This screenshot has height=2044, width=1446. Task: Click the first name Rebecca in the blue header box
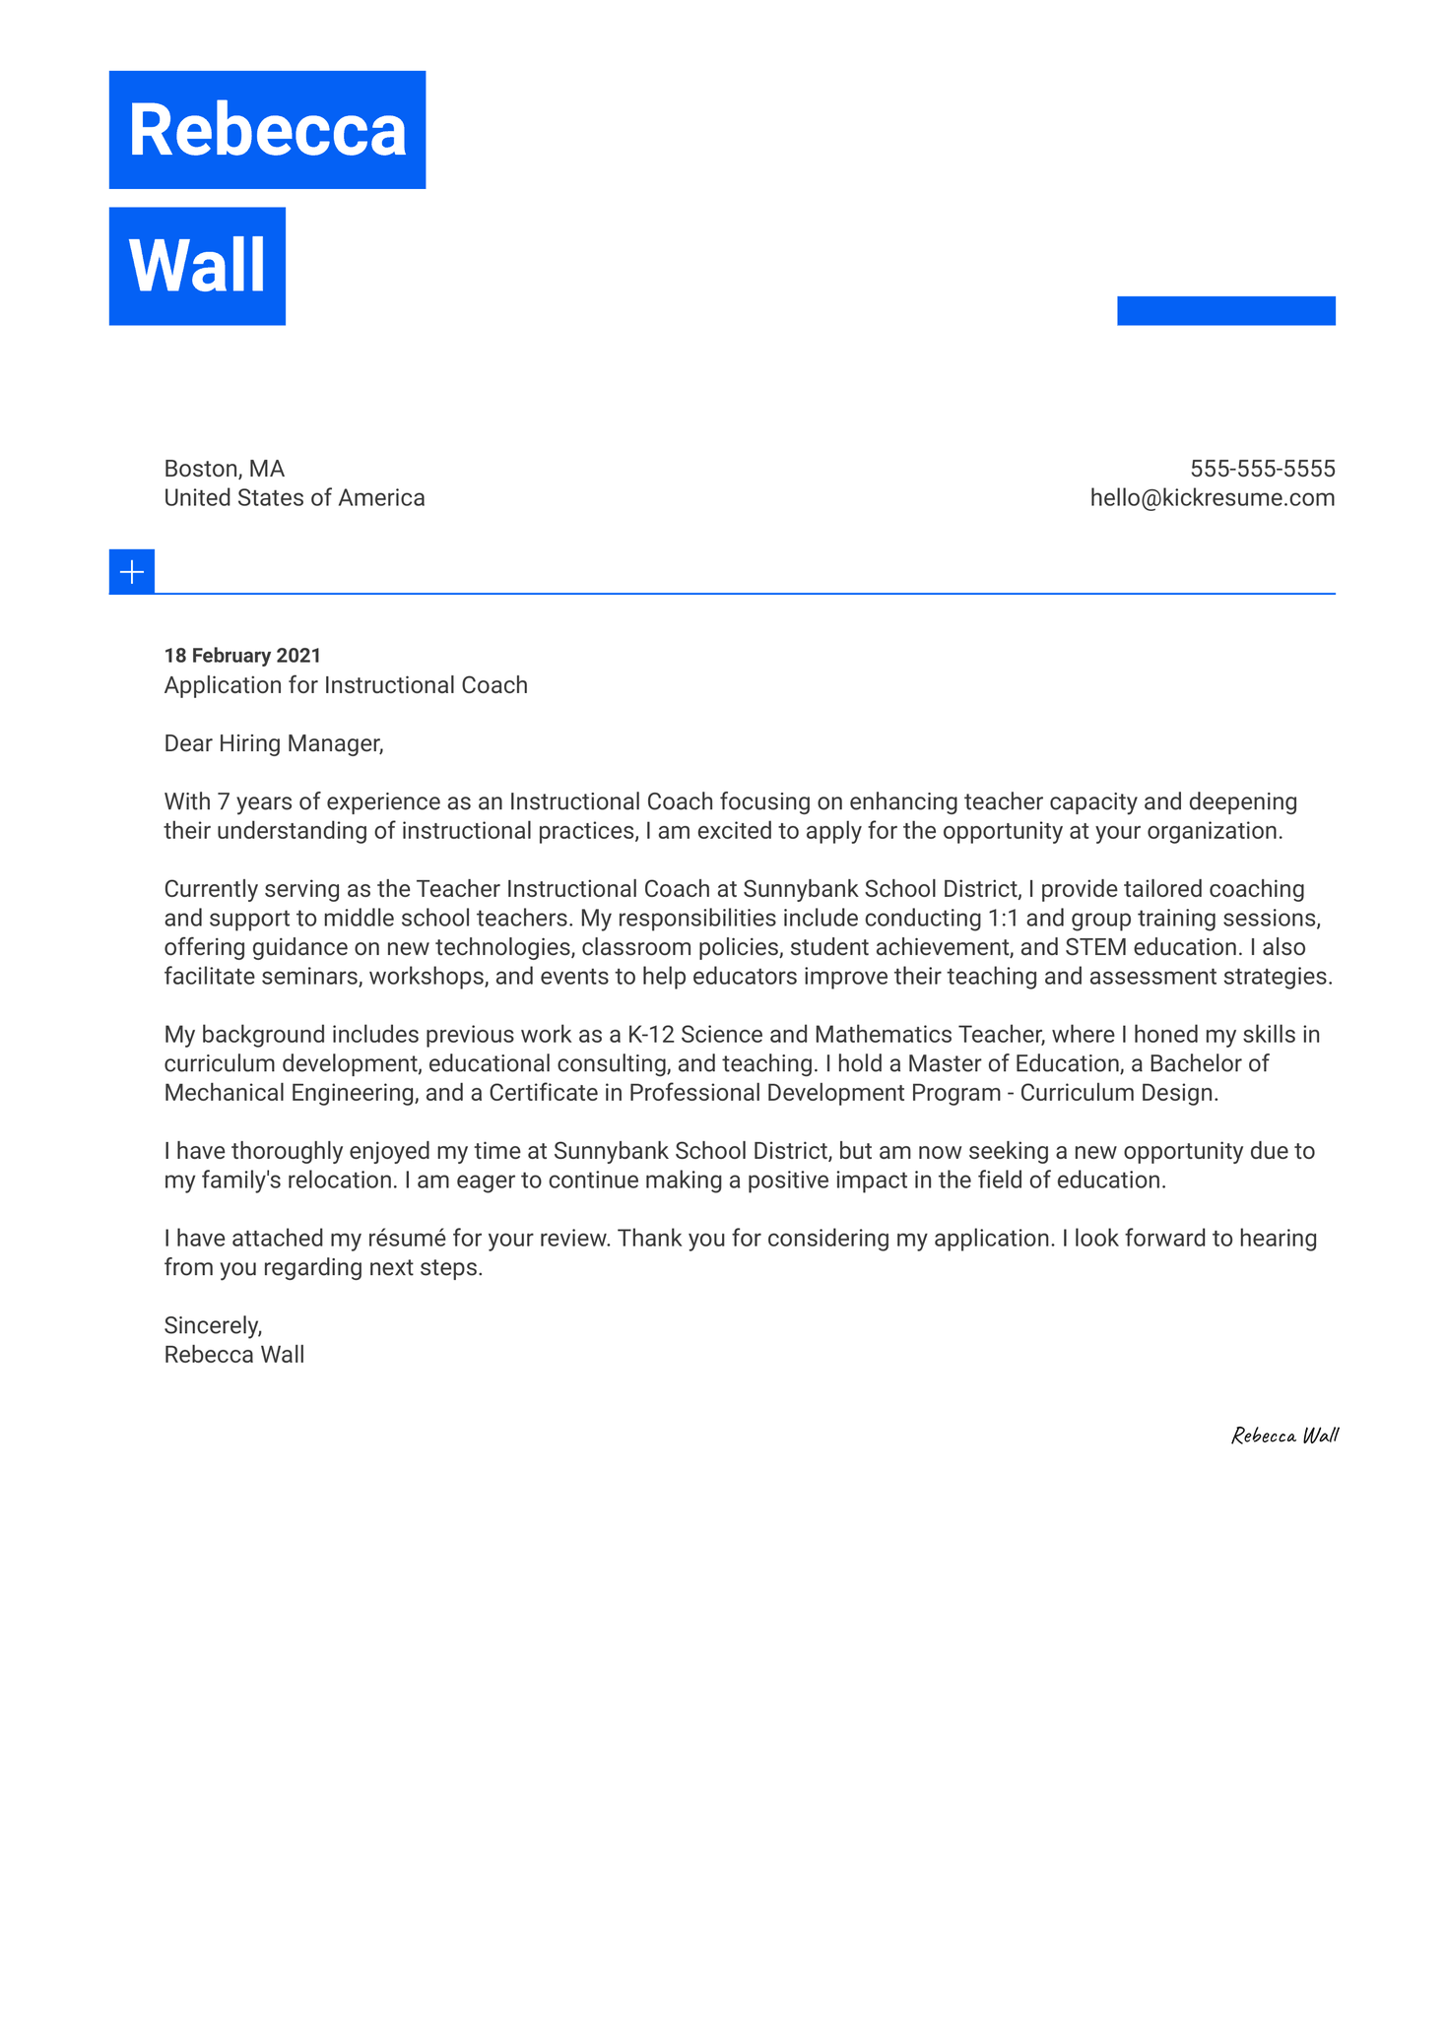tap(267, 130)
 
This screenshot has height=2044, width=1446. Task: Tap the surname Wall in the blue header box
tap(197, 266)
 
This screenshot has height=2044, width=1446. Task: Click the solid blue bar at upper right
tap(1225, 310)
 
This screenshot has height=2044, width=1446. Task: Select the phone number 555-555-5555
tap(1262, 469)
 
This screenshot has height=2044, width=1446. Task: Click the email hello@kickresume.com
tap(1212, 498)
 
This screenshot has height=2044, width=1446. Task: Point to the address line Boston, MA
tap(224, 469)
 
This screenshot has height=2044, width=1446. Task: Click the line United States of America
tap(294, 498)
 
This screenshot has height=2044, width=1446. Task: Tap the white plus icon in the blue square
tap(132, 572)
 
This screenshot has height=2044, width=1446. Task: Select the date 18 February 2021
tap(242, 656)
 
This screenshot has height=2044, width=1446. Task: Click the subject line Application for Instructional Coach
tap(345, 685)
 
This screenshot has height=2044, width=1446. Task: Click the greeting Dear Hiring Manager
tap(273, 743)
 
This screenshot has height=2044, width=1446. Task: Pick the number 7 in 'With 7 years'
tap(223, 801)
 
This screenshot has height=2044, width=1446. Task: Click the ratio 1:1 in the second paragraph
tap(1003, 919)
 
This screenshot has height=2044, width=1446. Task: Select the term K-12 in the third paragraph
tap(650, 1035)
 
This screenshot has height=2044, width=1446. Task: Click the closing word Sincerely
tap(213, 1325)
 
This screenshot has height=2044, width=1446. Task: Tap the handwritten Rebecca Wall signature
tap(1284, 1436)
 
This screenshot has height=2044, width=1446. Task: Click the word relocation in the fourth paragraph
tap(342, 1181)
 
